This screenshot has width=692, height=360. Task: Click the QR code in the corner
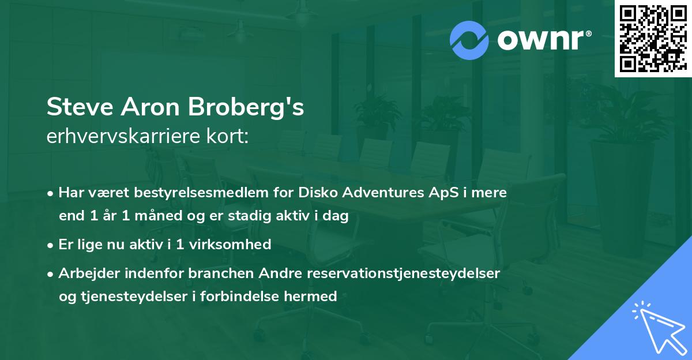click(x=652, y=38)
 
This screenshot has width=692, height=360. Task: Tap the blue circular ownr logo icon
click(x=469, y=40)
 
